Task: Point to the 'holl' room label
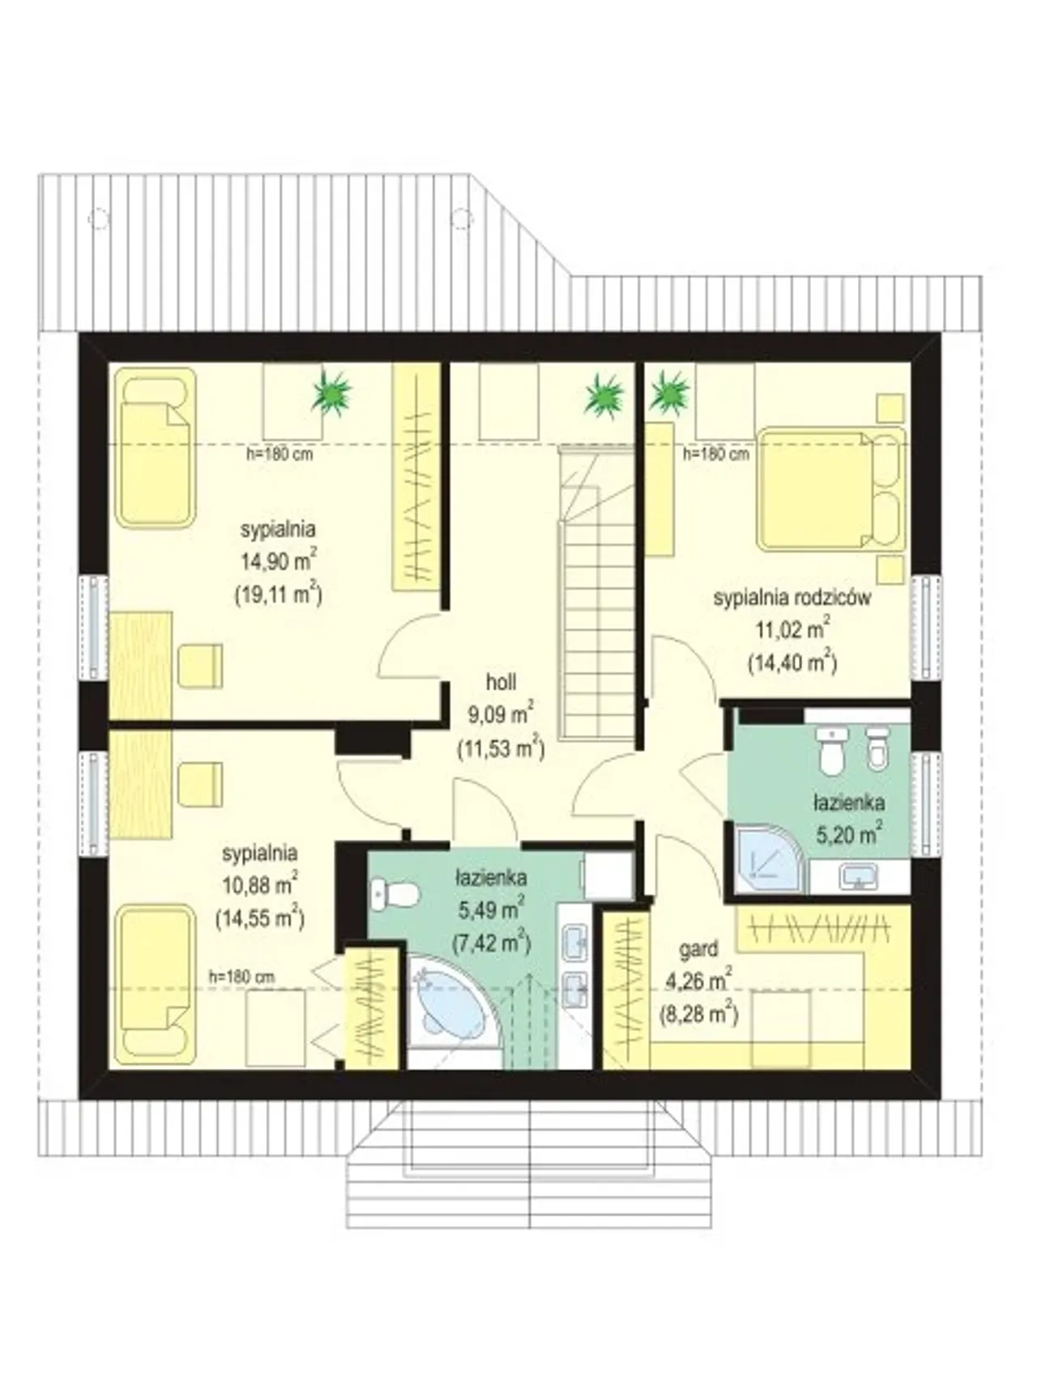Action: coord(501,682)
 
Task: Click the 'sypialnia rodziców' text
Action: coord(792,598)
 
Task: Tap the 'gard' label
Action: coord(699,949)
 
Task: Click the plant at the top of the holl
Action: coord(605,395)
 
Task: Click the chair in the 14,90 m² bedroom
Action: coord(200,666)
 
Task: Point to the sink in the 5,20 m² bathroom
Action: coord(859,876)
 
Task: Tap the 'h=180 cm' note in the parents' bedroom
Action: coord(716,454)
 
